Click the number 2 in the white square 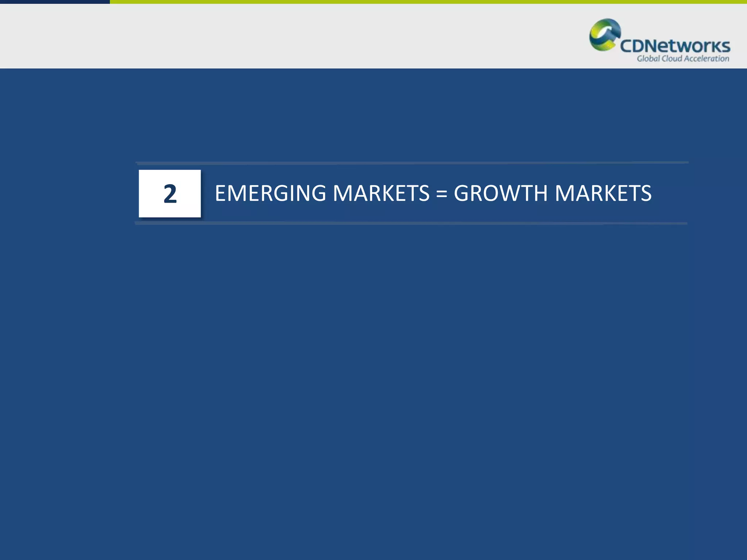tap(170, 194)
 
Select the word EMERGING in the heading tap(270, 193)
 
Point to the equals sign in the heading tap(442, 194)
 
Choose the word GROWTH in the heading tap(501, 193)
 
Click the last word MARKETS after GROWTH tap(603, 193)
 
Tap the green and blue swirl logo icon tap(604, 35)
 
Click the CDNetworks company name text tap(675, 46)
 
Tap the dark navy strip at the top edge tap(55, 2)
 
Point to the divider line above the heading tap(411, 163)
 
